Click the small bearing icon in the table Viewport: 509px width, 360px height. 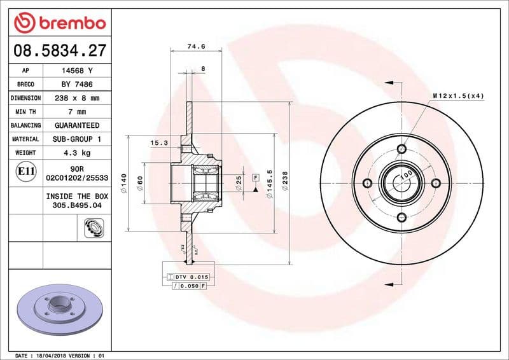click(93, 227)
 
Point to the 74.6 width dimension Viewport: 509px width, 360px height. click(196, 46)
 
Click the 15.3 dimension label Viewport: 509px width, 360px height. click(158, 144)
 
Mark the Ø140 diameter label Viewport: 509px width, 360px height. click(123, 183)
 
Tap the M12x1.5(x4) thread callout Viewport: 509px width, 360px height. click(458, 96)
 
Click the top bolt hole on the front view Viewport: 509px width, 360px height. click(401, 149)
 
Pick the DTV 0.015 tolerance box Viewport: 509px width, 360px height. click(191, 277)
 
